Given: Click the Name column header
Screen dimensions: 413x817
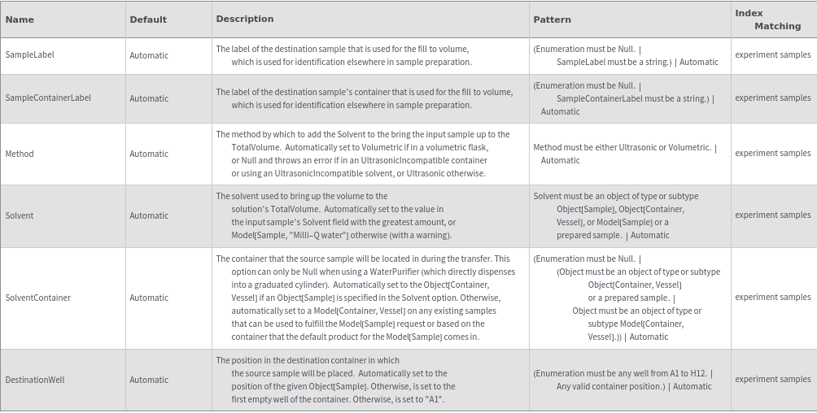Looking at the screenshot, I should pyautogui.click(x=20, y=20).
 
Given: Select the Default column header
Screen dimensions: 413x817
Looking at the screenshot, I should pyautogui.click(x=148, y=20).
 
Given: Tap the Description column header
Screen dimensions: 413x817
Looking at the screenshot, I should pyautogui.click(x=245, y=19).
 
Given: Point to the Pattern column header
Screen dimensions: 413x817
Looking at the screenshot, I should pyautogui.click(x=553, y=20).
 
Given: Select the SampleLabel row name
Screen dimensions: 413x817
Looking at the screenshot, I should pyautogui.click(x=30, y=55).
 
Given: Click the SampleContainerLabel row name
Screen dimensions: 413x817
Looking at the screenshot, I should pyautogui.click(x=48, y=98).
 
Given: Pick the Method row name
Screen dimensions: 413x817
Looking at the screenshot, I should pyautogui.click(x=20, y=154).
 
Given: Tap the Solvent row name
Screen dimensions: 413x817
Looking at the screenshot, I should pyautogui.click(x=20, y=215).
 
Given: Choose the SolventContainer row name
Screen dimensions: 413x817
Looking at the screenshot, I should pyautogui.click(x=38, y=298).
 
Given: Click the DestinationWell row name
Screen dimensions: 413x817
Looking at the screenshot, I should pyautogui.click(x=35, y=380).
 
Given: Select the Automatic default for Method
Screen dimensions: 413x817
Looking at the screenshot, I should pyautogui.click(x=149, y=154).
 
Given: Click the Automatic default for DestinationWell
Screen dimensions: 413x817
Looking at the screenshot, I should pyautogui.click(x=149, y=380).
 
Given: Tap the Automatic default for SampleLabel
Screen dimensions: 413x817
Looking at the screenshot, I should pyautogui.click(x=149, y=55).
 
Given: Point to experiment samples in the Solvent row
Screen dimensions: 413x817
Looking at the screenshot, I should pyautogui.click(x=772, y=215).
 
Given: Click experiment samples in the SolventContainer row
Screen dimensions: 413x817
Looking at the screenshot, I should pyautogui.click(x=772, y=298).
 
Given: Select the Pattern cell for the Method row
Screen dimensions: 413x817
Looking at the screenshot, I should pyautogui.click(x=625, y=154).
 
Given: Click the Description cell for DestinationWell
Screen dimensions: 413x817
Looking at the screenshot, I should pyautogui.click(x=335, y=380).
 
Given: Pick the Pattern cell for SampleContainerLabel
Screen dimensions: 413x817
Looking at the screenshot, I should pyautogui.click(x=624, y=98).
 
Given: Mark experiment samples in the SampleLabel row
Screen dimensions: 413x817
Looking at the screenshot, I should pyautogui.click(x=772, y=55).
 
